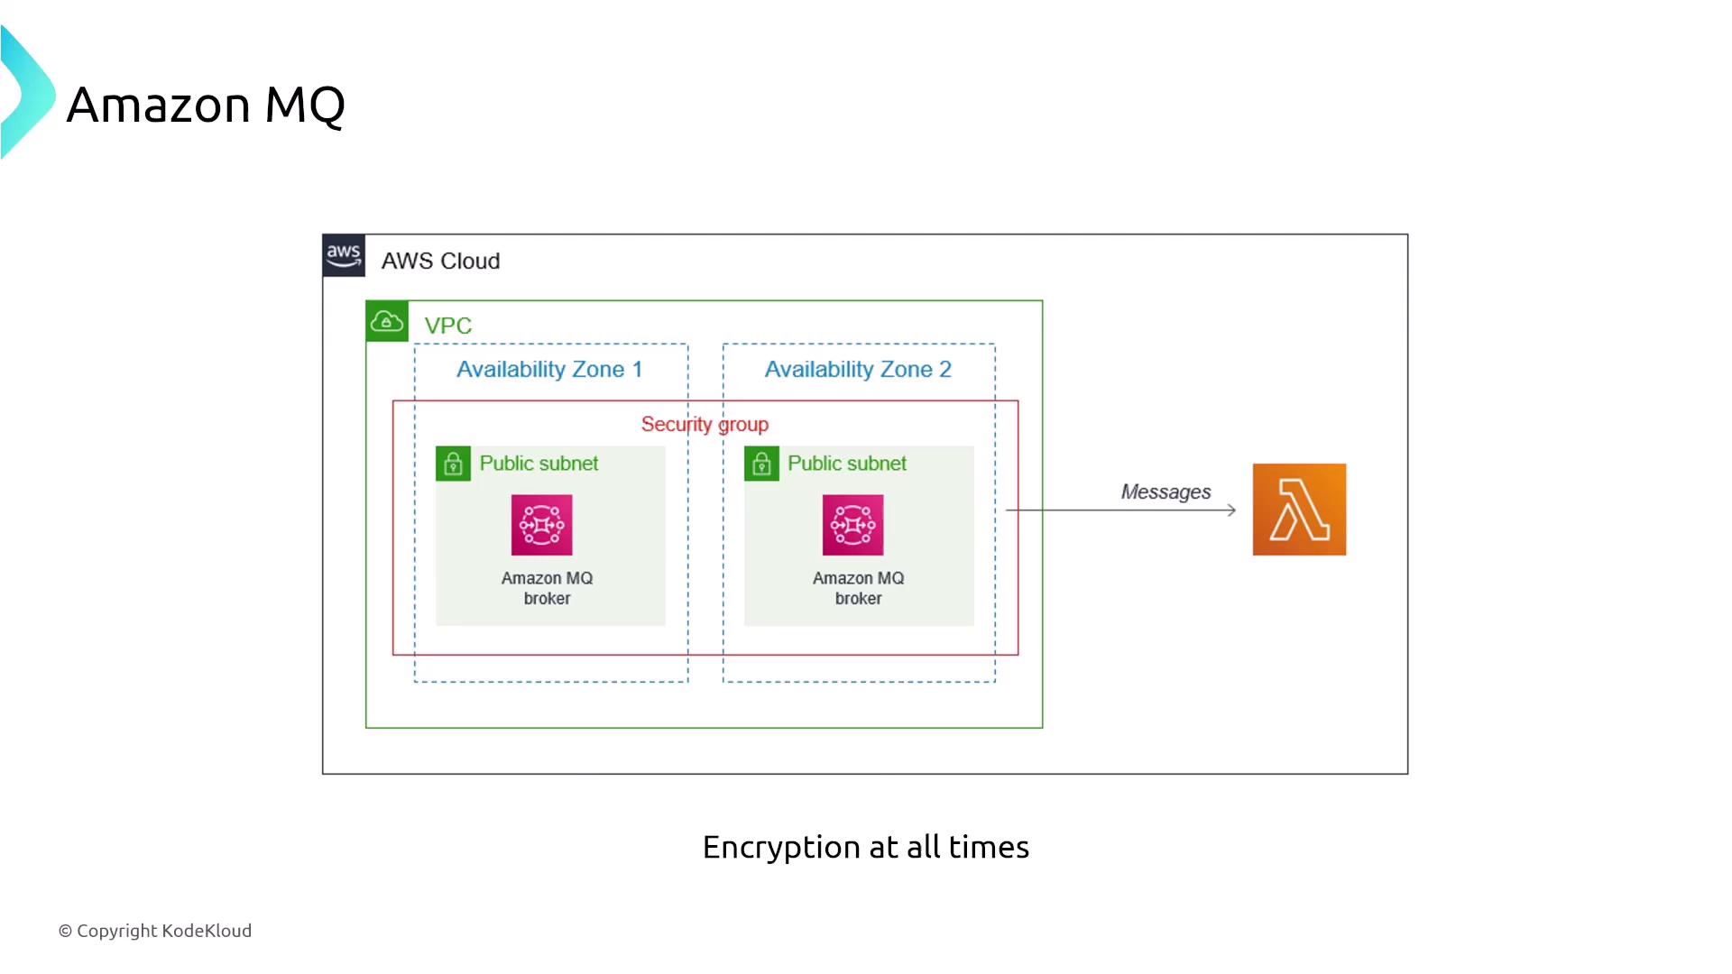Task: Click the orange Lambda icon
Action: click(x=1299, y=510)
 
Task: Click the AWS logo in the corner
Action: click(x=344, y=255)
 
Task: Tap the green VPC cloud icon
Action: click(x=387, y=321)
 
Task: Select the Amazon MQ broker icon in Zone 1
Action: click(x=541, y=525)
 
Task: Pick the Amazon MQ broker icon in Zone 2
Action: click(x=852, y=525)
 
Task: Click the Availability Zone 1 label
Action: click(x=549, y=370)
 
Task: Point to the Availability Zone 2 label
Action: click(x=858, y=370)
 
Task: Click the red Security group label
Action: click(x=705, y=424)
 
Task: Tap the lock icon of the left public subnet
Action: click(x=453, y=464)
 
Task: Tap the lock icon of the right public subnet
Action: click(x=761, y=464)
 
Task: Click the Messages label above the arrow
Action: click(x=1165, y=492)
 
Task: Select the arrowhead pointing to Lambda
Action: click(x=1230, y=510)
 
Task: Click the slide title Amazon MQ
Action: click(x=206, y=105)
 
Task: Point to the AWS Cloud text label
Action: click(x=440, y=262)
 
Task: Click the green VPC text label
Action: click(x=448, y=326)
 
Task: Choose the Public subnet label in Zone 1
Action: click(x=539, y=464)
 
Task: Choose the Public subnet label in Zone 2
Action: click(x=847, y=464)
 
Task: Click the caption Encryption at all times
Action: click(x=866, y=848)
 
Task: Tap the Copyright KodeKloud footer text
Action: click(x=155, y=931)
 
